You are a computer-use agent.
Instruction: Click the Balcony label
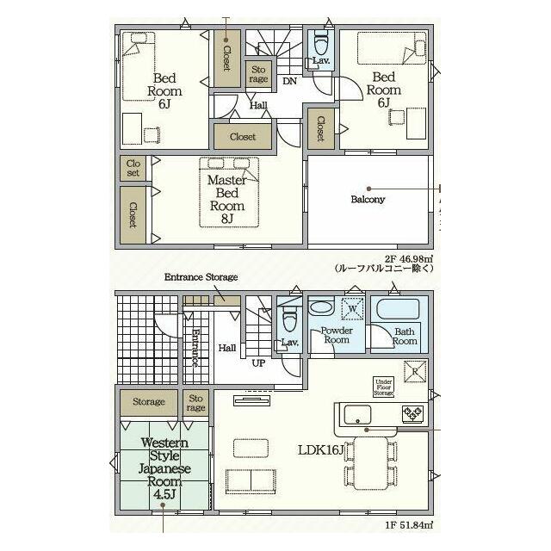point(368,200)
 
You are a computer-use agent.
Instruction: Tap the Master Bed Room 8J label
point(227,199)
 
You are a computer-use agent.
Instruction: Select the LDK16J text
point(321,449)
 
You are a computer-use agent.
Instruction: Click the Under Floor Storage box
point(383,387)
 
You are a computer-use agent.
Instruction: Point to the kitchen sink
point(358,415)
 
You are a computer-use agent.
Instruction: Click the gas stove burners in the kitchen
point(412,413)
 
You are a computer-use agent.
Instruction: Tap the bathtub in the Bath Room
point(398,309)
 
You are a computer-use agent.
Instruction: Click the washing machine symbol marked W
point(352,309)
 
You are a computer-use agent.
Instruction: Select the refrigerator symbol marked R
point(415,371)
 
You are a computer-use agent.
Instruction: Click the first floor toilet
point(290,318)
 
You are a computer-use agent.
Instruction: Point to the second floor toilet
point(321,41)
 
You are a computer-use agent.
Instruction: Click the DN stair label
point(290,81)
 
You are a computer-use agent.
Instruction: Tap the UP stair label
point(258,363)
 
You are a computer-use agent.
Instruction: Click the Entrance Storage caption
point(201,277)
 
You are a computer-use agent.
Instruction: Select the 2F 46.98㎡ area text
point(409,259)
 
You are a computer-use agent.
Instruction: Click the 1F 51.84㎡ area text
point(409,525)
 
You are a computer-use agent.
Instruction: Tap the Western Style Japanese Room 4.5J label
point(164,468)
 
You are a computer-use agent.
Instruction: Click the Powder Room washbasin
point(321,307)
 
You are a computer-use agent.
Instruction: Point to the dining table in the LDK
point(371,463)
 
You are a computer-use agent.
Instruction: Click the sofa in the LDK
point(251,481)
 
